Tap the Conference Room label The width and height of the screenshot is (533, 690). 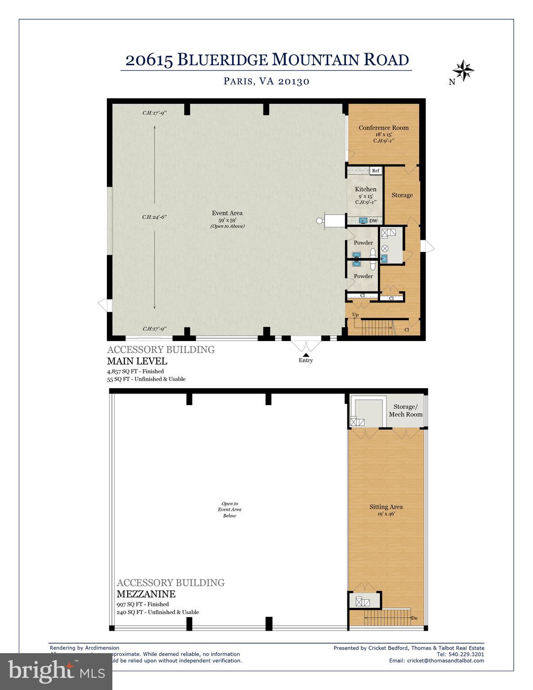[x=383, y=128]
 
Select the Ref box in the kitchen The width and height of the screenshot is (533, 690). [x=376, y=171]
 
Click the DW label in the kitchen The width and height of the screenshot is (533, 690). [x=373, y=221]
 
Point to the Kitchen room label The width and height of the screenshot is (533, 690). [x=365, y=189]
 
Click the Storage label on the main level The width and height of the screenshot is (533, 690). [x=402, y=195]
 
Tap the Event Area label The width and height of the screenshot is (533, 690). [x=227, y=213]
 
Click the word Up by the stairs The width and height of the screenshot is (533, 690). [x=355, y=314]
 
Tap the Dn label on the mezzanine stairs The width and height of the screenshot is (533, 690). [x=414, y=618]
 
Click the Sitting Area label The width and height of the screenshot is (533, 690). [x=386, y=507]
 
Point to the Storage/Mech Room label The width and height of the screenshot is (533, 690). [x=405, y=411]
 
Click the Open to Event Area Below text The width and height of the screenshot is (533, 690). [x=230, y=509]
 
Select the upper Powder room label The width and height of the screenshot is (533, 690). [x=363, y=243]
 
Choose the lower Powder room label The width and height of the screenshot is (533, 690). [x=363, y=276]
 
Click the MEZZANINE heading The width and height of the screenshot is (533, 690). [x=146, y=594]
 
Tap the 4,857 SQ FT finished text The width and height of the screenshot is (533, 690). [x=135, y=372]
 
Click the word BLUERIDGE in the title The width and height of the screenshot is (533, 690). [x=223, y=60]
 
